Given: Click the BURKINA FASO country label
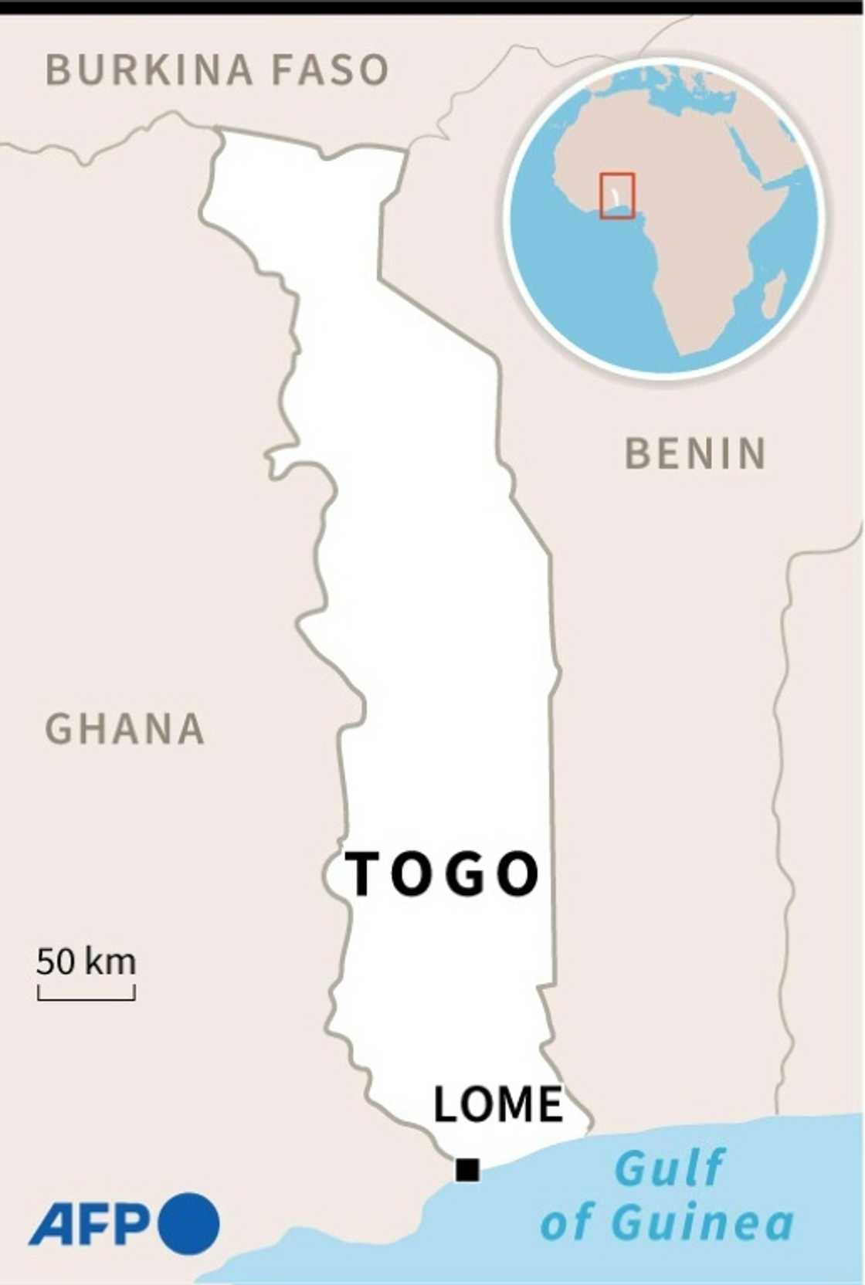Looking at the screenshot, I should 217,70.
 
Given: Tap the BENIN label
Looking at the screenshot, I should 695,453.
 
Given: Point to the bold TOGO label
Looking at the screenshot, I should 442,874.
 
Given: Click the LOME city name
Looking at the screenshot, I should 498,1104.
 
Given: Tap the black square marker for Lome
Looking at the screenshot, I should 467,1170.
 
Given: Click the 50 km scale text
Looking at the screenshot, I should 86,961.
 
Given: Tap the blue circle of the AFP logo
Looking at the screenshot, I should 189,1223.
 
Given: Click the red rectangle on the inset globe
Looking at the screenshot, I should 617,195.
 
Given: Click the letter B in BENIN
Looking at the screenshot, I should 638,453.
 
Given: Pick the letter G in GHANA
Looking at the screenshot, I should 59,729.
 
